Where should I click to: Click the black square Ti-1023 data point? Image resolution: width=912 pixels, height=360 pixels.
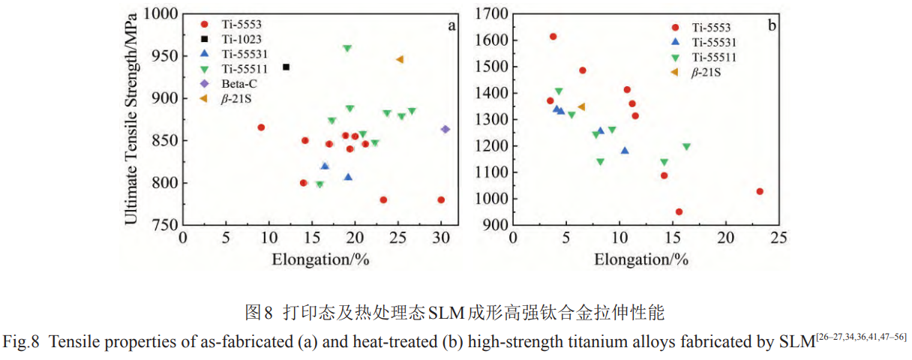(286, 67)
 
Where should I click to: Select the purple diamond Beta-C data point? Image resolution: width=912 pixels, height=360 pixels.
(445, 129)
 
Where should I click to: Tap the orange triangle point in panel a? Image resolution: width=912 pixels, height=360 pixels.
(400, 59)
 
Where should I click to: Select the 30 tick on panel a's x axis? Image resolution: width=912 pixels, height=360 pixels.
(441, 237)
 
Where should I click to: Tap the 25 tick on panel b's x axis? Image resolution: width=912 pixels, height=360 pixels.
(780, 237)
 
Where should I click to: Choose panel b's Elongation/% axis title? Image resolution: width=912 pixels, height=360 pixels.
(641, 259)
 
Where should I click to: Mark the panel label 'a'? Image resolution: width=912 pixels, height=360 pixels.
(451, 25)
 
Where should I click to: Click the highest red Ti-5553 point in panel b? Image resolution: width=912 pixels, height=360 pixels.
(553, 36)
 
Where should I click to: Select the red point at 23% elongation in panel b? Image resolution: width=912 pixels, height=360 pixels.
(760, 191)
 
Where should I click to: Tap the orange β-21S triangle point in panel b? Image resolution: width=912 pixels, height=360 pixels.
(581, 106)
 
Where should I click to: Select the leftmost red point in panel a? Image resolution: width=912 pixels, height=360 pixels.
(261, 127)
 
